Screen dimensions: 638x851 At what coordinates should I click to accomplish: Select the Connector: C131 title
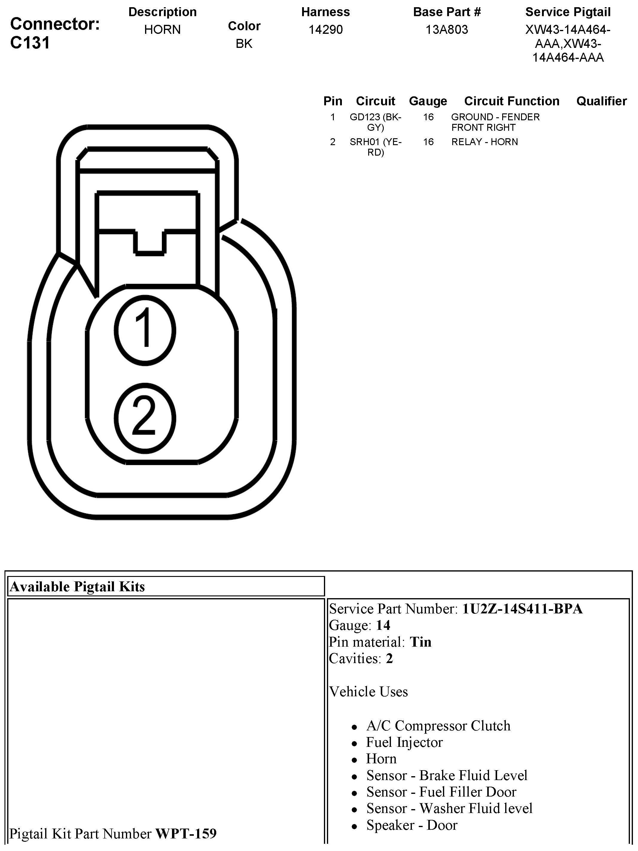(x=55, y=33)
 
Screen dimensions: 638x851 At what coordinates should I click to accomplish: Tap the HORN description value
(x=162, y=30)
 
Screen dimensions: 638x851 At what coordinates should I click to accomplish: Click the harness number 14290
(x=325, y=30)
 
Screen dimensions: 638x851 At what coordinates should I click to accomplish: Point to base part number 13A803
(x=447, y=30)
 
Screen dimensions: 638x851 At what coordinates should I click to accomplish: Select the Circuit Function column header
(x=511, y=101)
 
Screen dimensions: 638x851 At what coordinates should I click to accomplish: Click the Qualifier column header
(x=601, y=101)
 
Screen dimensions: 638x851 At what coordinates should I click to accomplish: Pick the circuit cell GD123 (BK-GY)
(x=375, y=122)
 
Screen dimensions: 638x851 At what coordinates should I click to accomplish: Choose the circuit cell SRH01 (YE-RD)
(x=375, y=147)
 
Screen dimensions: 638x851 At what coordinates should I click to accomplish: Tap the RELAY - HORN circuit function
(x=484, y=142)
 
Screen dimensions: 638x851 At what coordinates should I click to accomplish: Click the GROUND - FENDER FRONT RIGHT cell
(x=495, y=122)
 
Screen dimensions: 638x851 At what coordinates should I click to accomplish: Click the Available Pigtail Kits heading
(x=77, y=587)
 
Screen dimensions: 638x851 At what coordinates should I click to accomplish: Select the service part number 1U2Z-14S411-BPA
(x=522, y=609)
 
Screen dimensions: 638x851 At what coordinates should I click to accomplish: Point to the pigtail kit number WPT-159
(x=186, y=834)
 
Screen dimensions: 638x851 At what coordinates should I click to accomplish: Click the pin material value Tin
(x=420, y=642)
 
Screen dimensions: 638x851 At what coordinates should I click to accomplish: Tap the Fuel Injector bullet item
(x=404, y=742)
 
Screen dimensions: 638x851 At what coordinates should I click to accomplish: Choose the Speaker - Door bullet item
(x=412, y=825)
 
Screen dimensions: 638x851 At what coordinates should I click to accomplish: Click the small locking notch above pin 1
(x=150, y=242)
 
